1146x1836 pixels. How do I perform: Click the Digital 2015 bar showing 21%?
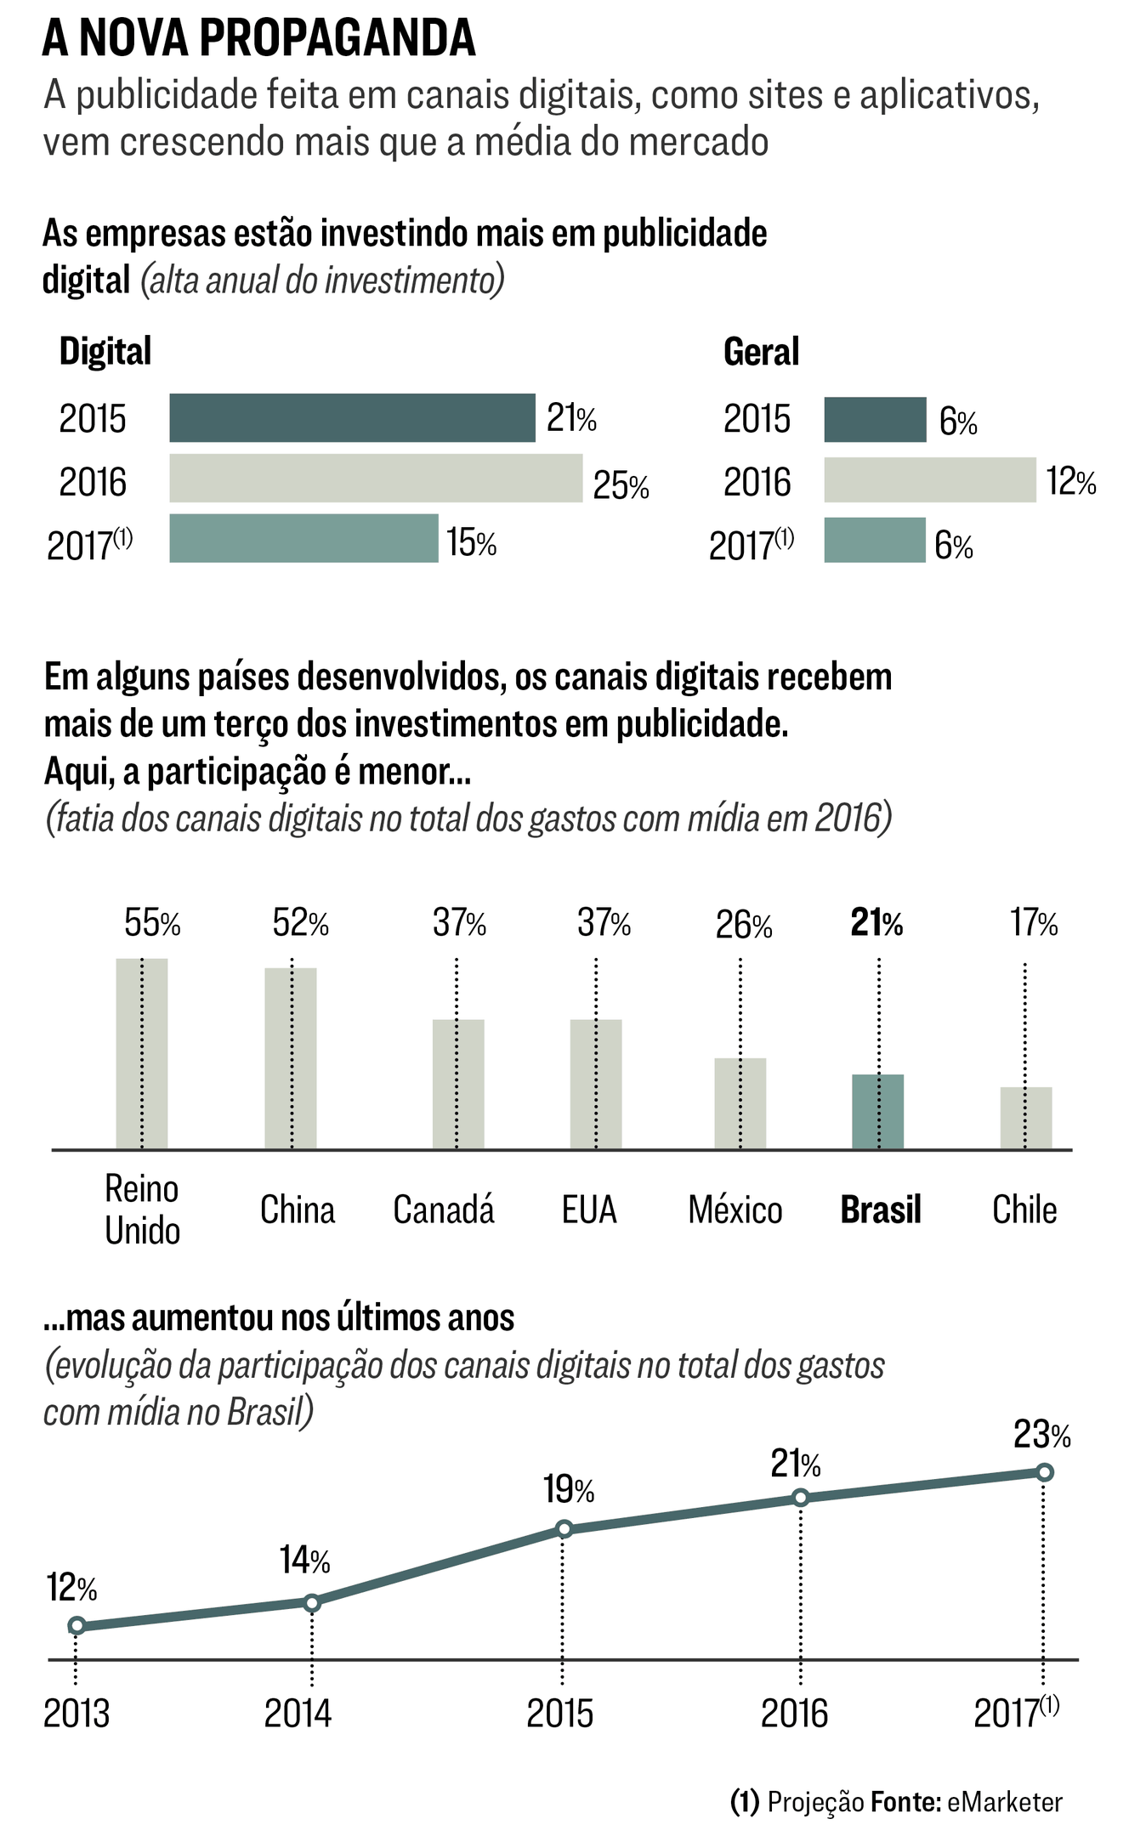pos(352,418)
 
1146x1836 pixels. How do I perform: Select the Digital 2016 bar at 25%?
pos(376,479)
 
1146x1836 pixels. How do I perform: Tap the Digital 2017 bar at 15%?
pos(304,538)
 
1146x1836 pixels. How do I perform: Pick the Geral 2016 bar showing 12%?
pos(929,480)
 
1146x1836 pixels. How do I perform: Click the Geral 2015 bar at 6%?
pos(875,420)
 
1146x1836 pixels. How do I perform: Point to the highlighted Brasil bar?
pos(877,1112)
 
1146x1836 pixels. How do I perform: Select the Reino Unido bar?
pos(141,1054)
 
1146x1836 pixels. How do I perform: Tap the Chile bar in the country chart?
pos(1025,1118)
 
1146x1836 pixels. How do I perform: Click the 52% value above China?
pos(300,923)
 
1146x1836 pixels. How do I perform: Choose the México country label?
pos(735,1210)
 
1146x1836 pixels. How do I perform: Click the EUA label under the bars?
pos(589,1210)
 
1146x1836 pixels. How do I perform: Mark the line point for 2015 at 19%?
pos(564,1529)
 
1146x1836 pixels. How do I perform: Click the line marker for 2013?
pos(77,1625)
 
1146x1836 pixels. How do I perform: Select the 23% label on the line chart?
pos(1041,1435)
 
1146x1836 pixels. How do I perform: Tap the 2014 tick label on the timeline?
pos(298,1713)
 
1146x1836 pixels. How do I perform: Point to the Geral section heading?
pos(761,352)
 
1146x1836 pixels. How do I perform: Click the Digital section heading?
pos(105,352)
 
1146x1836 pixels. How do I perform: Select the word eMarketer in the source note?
pos(1004,1802)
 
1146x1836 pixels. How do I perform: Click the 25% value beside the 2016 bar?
pos(621,485)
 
